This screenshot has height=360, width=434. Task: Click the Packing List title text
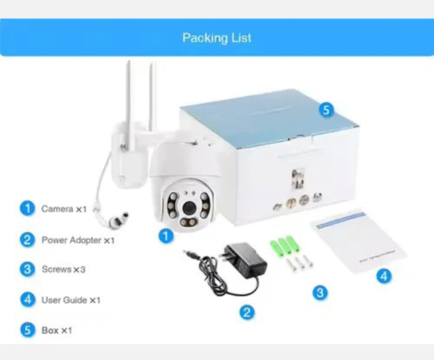click(217, 38)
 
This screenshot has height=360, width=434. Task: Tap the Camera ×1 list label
click(64, 209)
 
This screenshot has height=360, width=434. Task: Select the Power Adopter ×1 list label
click(77, 239)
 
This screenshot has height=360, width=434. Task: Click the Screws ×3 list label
click(64, 270)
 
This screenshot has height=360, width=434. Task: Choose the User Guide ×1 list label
click(70, 300)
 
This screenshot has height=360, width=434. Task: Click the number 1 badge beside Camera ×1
click(27, 209)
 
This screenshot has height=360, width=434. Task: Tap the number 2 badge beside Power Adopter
click(27, 239)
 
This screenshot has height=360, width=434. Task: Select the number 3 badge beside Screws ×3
click(27, 270)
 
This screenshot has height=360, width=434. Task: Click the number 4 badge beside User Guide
click(27, 300)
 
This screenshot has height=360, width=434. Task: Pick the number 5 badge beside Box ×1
click(27, 330)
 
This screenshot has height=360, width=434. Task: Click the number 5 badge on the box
click(326, 110)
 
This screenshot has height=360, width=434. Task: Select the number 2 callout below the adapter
click(247, 312)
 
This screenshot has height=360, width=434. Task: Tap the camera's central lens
click(187, 209)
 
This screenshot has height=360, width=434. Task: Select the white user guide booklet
click(359, 242)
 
